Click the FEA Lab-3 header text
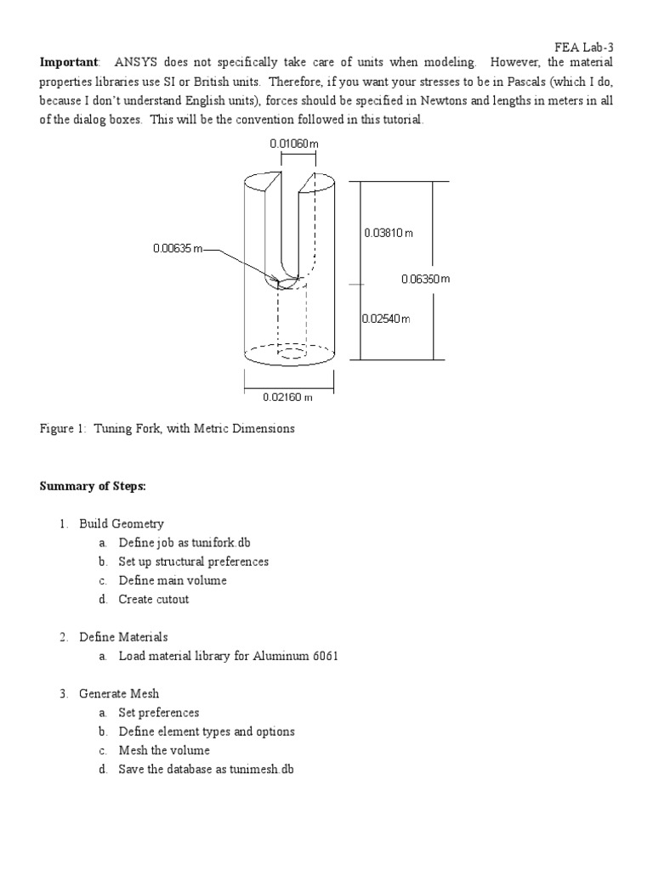click(582, 48)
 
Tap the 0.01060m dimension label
click(294, 144)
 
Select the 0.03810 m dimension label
click(388, 233)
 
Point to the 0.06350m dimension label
click(425, 278)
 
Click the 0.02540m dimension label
click(386, 319)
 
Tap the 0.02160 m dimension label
click(288, 396)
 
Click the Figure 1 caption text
click(168, 429)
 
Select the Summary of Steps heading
click(94, 486)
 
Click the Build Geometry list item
click(122, 524)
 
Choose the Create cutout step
click(154, 599)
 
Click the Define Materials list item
click(123, 637)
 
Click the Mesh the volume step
click(164, 750)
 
